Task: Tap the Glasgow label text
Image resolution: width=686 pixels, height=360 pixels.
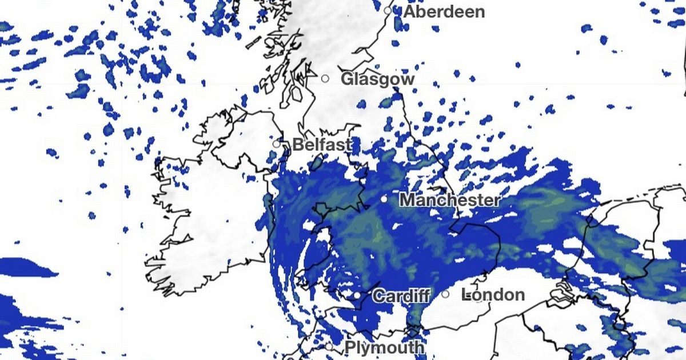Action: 377,79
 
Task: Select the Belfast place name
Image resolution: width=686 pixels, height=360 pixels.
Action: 322,145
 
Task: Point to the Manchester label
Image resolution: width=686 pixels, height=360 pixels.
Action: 449,201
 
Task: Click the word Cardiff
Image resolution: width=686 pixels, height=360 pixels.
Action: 401,297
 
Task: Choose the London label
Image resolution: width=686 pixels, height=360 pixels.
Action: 493,295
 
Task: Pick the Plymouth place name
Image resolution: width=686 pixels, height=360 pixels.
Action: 384,347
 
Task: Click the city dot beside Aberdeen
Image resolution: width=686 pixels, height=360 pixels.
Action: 388,10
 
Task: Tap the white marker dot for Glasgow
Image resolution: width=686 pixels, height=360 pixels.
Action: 325,78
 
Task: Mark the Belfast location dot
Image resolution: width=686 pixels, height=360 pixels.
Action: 277,144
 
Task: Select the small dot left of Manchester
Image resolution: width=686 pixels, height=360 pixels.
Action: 384,199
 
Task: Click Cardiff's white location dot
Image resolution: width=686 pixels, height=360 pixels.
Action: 357,295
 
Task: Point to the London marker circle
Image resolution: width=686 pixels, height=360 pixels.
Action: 445,294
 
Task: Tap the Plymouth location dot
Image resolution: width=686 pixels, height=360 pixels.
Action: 329,346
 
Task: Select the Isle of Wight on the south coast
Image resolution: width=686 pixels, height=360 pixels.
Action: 414,331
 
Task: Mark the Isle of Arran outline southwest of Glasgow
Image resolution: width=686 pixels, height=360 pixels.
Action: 296,93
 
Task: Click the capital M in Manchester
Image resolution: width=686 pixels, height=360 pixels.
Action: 407,201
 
